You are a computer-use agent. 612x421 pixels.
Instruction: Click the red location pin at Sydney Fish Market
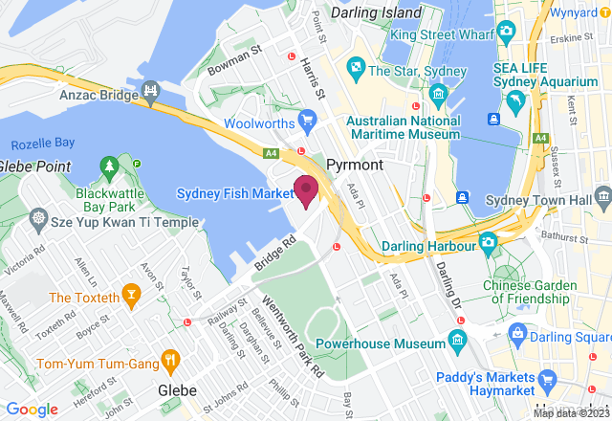[305, 190]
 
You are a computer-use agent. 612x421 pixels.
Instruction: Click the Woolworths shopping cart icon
[306, 119]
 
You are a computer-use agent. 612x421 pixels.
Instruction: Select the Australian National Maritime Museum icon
[439, 93]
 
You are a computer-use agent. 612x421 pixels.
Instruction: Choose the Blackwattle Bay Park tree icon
[109, 168]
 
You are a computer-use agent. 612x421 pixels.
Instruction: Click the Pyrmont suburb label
[355, 165]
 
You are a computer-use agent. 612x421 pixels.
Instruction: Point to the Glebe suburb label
[177, 390]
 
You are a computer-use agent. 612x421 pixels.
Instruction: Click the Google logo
[32, 409]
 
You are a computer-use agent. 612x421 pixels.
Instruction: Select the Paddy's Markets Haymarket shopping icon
[547, 380]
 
